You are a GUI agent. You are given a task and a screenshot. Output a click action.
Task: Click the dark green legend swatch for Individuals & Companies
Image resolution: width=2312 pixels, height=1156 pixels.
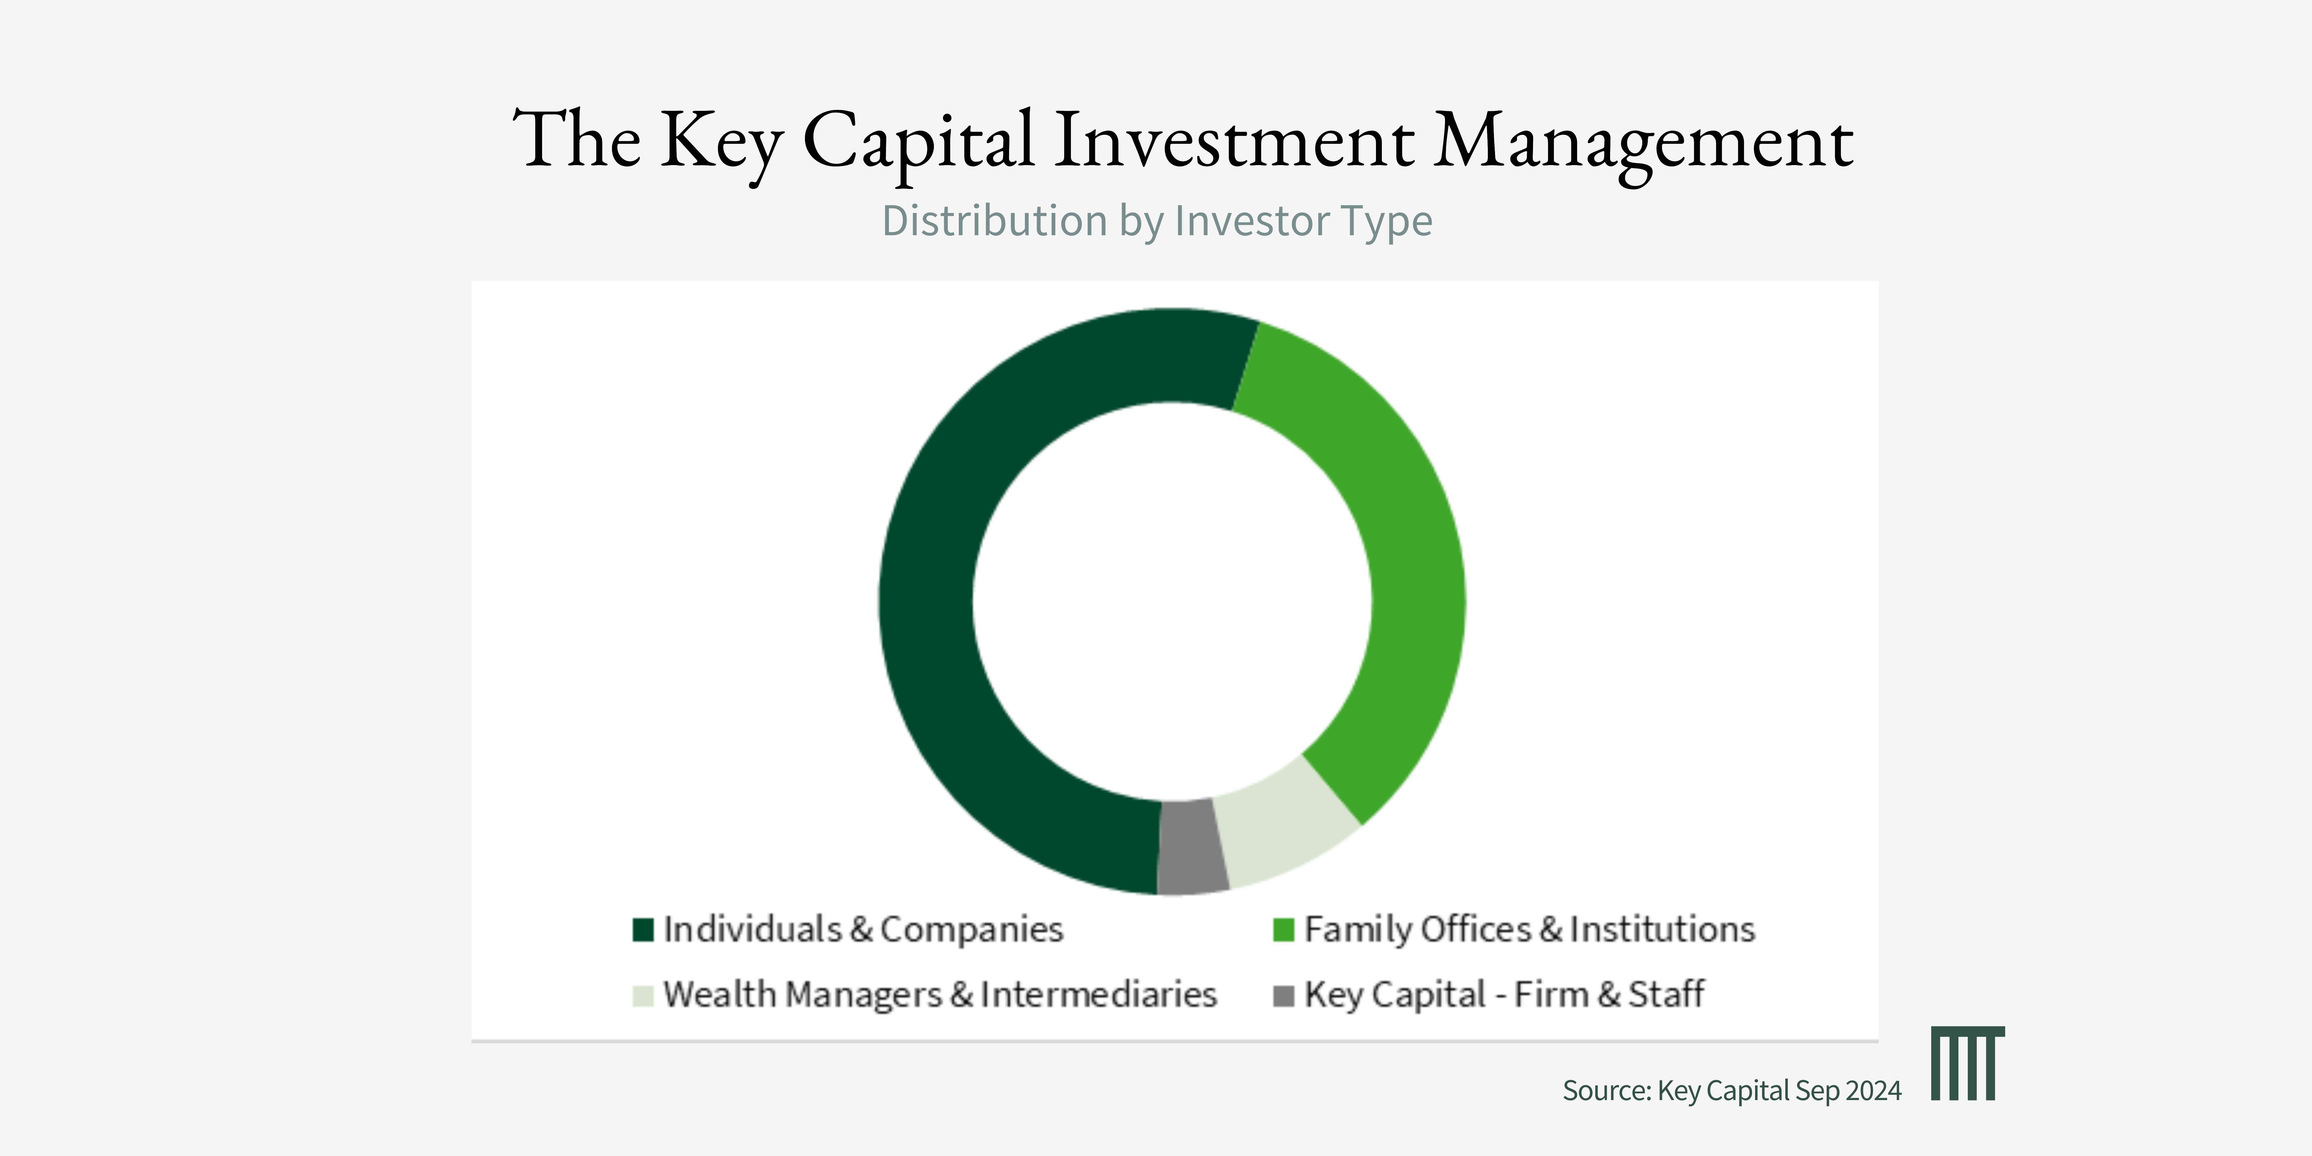click(x=642, y=930)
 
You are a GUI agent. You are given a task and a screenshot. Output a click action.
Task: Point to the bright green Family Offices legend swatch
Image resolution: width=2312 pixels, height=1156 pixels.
click(x=1283, y=930)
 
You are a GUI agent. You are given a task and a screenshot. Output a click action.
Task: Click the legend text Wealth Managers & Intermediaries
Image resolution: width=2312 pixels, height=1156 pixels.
click(x=940, y=995)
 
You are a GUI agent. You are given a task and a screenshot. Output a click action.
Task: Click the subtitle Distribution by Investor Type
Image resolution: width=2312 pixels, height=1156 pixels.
click(x=1157, y=221)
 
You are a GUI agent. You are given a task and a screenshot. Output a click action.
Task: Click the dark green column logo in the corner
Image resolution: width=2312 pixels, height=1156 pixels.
click(x=1967, y=1064)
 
